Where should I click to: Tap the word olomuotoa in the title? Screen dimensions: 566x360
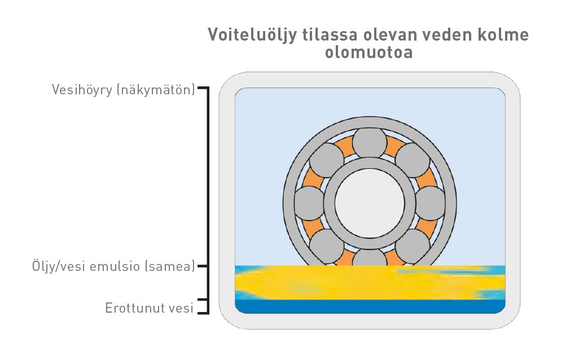(x=368, y=52)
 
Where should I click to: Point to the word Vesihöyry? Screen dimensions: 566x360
(x=82, y=90)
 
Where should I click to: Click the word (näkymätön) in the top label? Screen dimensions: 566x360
(x=156, y=90)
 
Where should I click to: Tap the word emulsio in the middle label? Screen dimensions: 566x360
(x=115, y=266)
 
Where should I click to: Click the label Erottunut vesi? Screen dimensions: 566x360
(x=149, y=308)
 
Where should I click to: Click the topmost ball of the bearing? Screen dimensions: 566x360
(x=369, y=143)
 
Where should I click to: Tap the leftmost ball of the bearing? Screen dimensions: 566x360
(x=309, y=203)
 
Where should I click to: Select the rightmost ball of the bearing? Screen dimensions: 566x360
(x=430, y=203)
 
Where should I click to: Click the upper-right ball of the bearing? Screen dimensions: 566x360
(x=413, y=160)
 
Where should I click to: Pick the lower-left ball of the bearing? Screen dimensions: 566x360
(x=327, y=246)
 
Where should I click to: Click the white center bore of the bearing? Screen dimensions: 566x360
(x=369, y=203)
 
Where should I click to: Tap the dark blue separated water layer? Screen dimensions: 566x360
(x=370, y=306)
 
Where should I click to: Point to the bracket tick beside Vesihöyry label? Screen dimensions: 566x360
(x=203, y=88)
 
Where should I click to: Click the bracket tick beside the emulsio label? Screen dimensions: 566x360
(x=203, y=266)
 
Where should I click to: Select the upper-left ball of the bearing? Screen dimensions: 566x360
(x=327, y=160)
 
